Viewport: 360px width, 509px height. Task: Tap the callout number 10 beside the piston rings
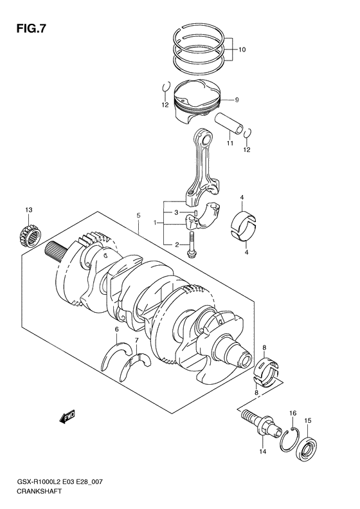pyautogui.click(x=242, y=50)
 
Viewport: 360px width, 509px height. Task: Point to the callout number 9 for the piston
pyautogui.click(x=237, y=100)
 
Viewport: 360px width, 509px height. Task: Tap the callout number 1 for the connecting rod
pyautogui.click(x=154, y=223)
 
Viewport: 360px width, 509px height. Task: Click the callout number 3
pyautogui.click(x=175, y=212)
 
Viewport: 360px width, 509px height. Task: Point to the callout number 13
pyautogui.click(x=28, y=210)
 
